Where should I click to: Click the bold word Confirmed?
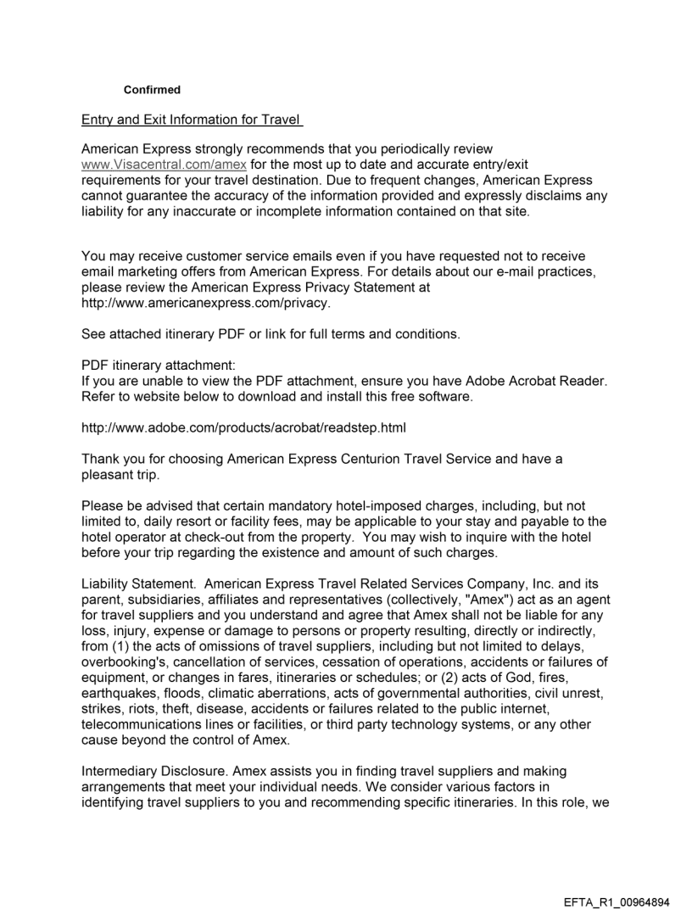(152, 90)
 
